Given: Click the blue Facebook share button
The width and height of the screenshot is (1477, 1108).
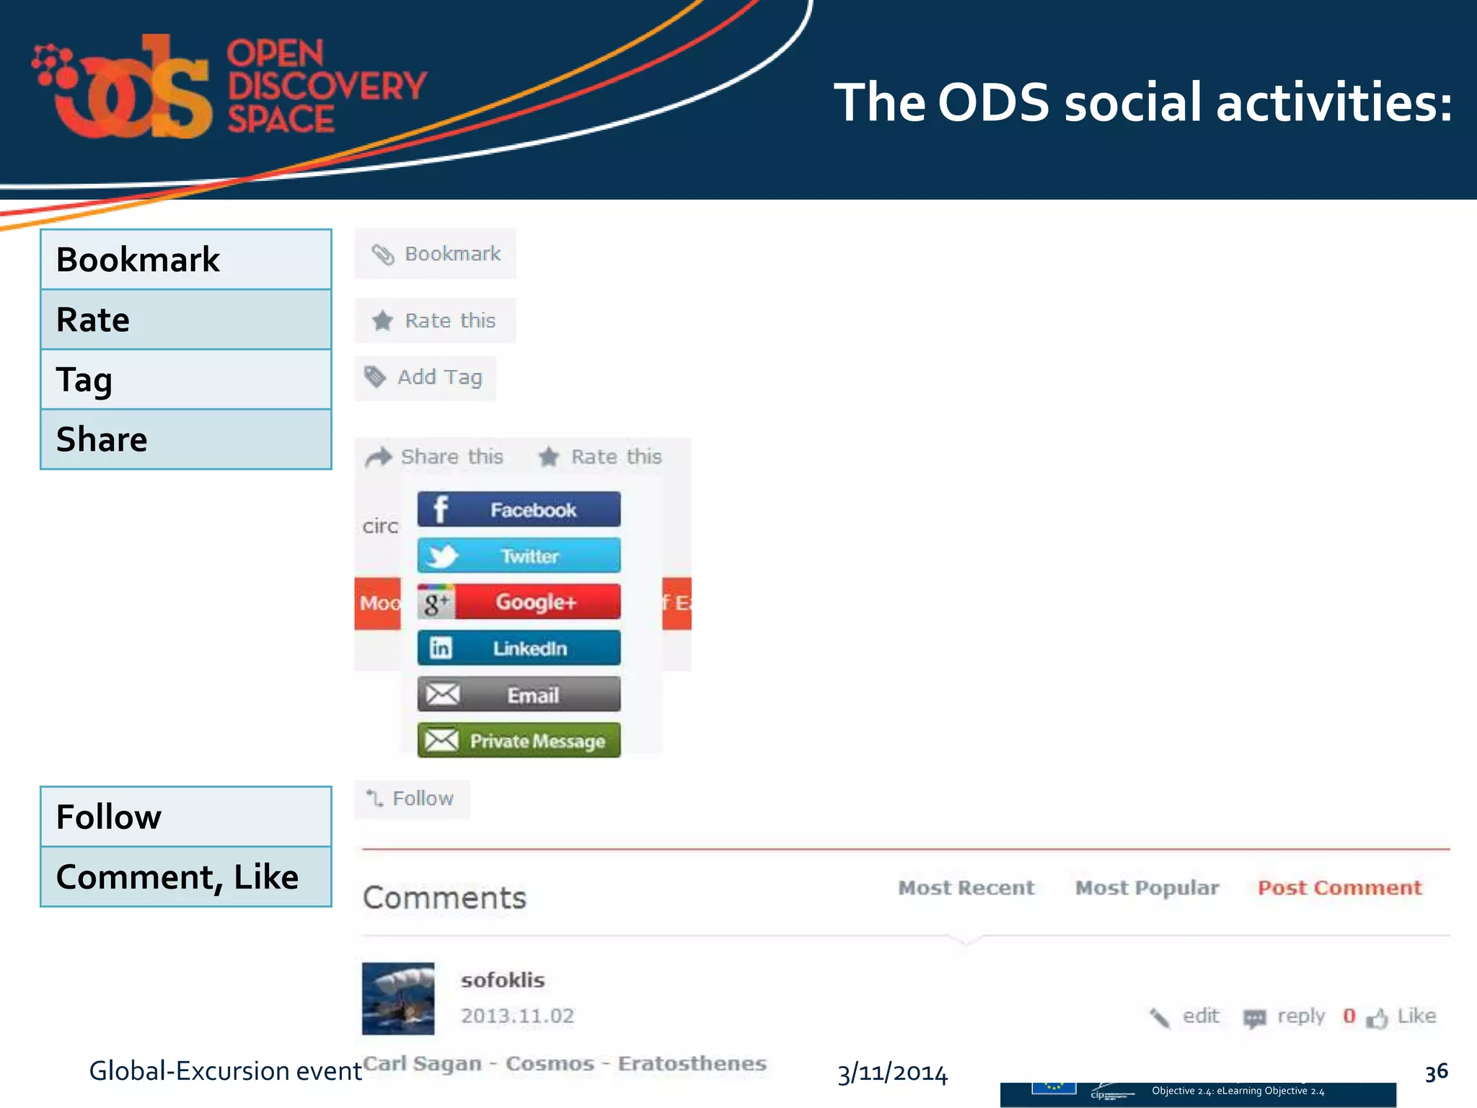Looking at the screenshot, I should (519, 509).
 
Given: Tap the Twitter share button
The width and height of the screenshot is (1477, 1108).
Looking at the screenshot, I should (519, 555).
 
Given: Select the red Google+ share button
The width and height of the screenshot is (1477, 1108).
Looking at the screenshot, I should (519, 602).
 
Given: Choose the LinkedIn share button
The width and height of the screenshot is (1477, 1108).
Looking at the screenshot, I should (519, 648).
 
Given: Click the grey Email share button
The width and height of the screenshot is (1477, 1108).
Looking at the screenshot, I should (519, 695).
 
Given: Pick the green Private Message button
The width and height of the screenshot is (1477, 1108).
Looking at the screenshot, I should (519, 740).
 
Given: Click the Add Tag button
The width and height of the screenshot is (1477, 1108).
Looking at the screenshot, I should (426, 377).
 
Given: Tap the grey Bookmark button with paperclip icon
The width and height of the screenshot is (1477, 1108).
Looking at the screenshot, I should (435, 254).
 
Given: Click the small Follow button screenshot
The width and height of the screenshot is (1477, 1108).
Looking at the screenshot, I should (411, 799).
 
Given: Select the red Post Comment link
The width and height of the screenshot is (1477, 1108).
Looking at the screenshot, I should (1339, 887).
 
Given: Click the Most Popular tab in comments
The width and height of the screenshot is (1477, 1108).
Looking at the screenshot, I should (1147, 887).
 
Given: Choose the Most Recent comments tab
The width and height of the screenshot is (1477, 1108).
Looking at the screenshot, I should (966, 887).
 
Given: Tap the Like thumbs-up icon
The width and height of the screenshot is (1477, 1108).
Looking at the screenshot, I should (1377, 1018).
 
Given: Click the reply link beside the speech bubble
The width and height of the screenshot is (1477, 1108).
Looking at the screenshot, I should (1300, 1016).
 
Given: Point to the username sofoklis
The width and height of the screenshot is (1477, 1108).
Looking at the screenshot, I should (503, 980).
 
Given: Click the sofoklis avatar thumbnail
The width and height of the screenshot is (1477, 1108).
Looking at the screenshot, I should (398, 998).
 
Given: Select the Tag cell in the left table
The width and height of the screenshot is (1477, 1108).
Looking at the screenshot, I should (186, 379).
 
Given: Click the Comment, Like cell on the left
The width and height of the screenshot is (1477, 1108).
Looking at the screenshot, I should (186, 876).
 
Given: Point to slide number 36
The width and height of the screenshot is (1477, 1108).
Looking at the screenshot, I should (1436, 1071).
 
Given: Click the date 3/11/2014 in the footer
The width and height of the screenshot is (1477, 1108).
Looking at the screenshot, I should (892, 1073).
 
